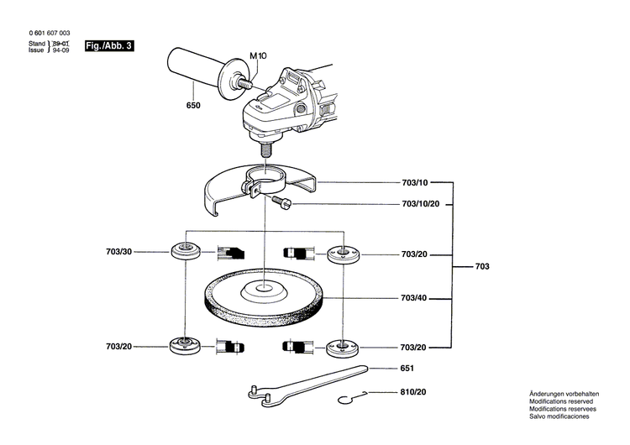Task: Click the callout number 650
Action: (x=193, y=106)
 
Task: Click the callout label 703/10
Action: (x=415, y=182)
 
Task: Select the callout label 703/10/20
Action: (x=421, y=204)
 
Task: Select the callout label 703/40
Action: (x=415, y=298)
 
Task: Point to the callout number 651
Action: (x=407, y=369)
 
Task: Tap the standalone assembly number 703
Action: (x=482, y=266)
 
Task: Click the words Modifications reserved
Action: (x=559, y=401)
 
